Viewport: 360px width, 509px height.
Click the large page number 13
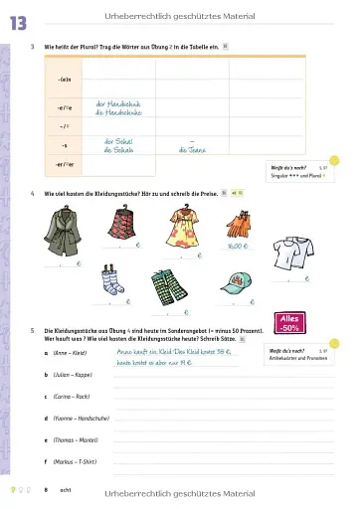tap(17, 21)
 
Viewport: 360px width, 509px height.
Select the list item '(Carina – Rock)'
tap(71, 397)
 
